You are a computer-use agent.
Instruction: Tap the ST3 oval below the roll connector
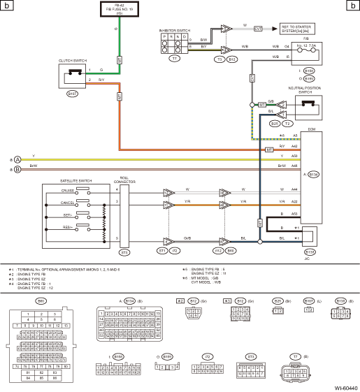coord(125,251)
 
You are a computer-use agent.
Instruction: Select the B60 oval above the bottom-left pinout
coord(41,300)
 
